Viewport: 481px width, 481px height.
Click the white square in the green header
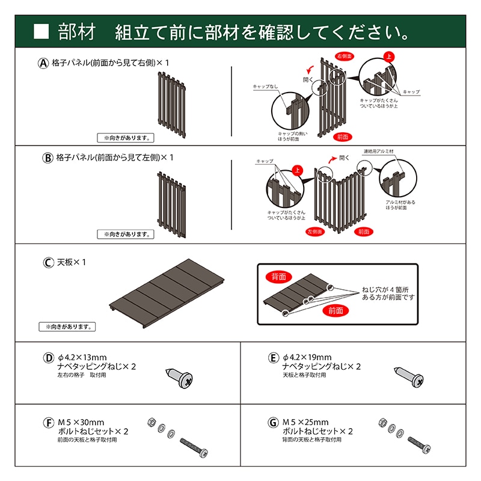(x=41, y=31)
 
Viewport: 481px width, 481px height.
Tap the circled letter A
(x=43, y=63)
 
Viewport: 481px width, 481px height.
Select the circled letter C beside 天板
(x=49, y=263)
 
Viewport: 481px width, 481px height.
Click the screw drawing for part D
(x=179, y=377)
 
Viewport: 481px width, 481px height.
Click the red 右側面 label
(x=345, y=56)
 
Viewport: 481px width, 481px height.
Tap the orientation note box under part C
(x=68, y=327)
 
